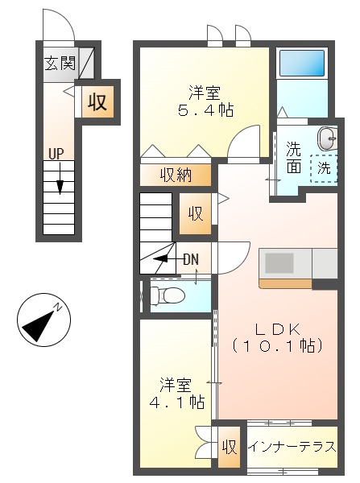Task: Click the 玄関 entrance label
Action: (x=60, y=63)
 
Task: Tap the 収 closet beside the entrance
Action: (x=97, y=102)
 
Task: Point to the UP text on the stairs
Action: (x=56, y=153)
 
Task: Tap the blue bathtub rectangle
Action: (x=302, y=63)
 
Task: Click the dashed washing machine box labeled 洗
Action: (x=323, y=169)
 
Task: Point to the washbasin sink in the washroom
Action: (x=328, y=138)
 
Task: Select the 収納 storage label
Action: (x=176, y=175)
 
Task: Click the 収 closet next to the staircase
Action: (x=196, y=213)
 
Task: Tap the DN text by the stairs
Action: (x=191, y=258)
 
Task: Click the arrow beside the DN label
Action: (x=166, y=258)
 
